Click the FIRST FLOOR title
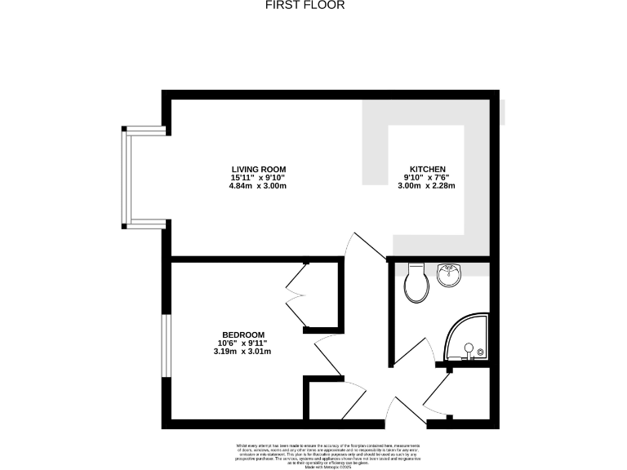pos(305,5)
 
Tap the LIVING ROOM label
pos(258,169)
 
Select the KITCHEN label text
pos(425,169)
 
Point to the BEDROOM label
pos(243,335)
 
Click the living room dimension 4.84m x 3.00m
pos(258,186)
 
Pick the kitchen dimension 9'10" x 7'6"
pos(425,178)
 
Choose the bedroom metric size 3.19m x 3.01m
pos(243,352)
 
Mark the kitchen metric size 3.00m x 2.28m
pos(425,186)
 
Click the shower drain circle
pos(469,348)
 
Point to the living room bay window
pos(127,176)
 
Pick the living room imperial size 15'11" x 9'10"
pos(258,178)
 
